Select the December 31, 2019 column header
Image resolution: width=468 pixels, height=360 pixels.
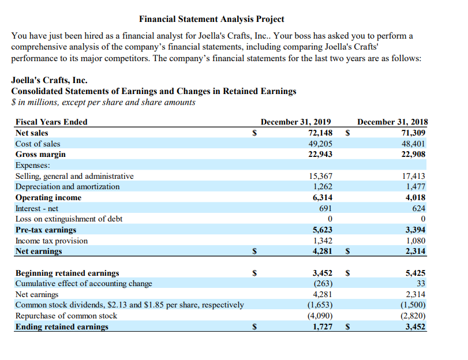[x=295, y=122]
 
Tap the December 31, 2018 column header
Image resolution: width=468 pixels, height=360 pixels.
[x=392, y=122]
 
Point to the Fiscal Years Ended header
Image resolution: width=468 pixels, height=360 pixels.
[x=51, y=122]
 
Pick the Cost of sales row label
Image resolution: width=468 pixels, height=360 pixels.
[x=38, y=144]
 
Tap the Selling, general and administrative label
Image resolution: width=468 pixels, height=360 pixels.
[x=74, y=176]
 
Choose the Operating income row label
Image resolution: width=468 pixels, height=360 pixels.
[x=48, y=197]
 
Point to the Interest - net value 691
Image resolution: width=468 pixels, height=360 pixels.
[x=325, y=208]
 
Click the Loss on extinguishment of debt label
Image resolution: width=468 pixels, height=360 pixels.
[x=69, y=219]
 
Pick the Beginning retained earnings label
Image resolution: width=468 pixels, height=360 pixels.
[x=67, y=273]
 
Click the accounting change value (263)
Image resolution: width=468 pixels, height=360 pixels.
[x=322, y=283]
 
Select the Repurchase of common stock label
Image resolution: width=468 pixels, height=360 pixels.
[x=66, y=316]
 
